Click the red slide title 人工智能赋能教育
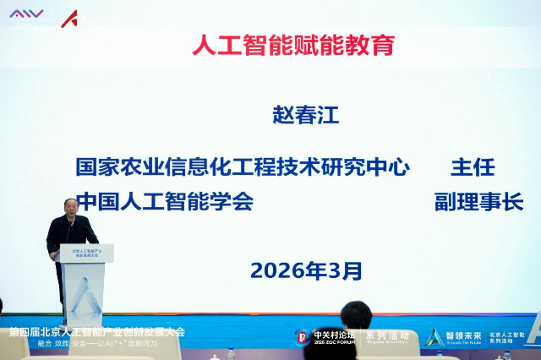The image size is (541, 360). coord(293,45)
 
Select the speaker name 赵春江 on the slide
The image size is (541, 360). coord(305,115)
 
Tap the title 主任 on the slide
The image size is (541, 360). coord(473,166)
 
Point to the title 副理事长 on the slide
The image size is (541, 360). coord(478,202)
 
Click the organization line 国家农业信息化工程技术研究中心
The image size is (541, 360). coord(243,166)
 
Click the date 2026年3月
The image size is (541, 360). coord(306,270)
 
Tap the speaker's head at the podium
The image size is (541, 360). coord(72,207)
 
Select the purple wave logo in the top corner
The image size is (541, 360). coord(26,14)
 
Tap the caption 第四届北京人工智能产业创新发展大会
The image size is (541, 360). coord(96,331)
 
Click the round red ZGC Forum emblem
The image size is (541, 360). coord(302,336)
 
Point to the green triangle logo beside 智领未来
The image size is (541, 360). coord(434,336)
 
